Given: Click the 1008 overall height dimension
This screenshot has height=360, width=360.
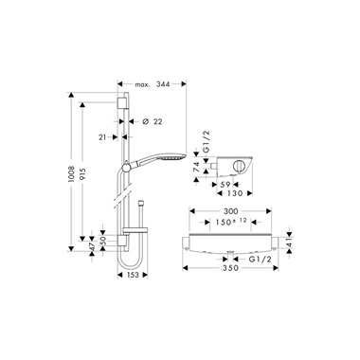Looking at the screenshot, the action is (x=71, y=174).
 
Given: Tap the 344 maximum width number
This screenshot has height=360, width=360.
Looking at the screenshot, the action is (x=163, y=84).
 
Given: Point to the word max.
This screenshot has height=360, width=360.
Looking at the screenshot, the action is (x=142, y=84).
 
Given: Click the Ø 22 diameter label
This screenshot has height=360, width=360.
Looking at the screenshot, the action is (x=153, y=121).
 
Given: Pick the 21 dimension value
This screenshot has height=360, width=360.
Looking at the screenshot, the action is (x=102, y=137).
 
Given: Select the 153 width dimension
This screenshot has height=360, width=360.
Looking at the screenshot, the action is (x=133, y=275).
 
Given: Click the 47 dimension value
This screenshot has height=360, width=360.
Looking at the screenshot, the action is (x=92, y=247).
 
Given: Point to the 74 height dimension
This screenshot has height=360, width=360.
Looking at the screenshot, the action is (x=196, y=166).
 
